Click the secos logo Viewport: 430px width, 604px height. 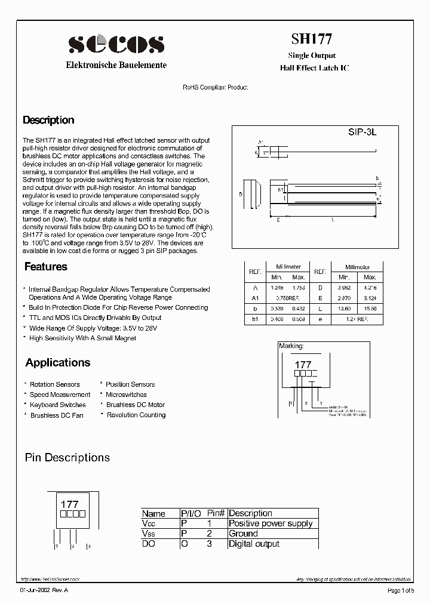(115, 44)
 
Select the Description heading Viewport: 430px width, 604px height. (48, 120)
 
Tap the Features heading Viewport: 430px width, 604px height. (45, 267)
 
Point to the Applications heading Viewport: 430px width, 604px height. (58, 362)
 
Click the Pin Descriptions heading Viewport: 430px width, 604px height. (67, 458)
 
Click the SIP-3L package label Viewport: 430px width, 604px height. (362, 133)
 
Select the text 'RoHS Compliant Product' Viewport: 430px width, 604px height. (215, 87)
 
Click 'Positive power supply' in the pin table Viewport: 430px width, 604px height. (271, 523)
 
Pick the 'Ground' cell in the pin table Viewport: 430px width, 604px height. (243, 534)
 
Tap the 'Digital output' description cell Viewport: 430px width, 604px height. (254, 544)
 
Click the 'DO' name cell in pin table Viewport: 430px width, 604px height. (148, 544)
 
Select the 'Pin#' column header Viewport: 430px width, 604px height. (215, 513)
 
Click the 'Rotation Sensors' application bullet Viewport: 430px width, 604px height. (54, 384)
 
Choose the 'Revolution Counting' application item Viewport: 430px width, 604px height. (136, 415)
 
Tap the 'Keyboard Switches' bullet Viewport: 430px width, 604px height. (58, 405)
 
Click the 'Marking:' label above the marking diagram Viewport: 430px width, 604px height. (291, 346)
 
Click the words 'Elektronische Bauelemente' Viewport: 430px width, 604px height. (115, 65)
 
